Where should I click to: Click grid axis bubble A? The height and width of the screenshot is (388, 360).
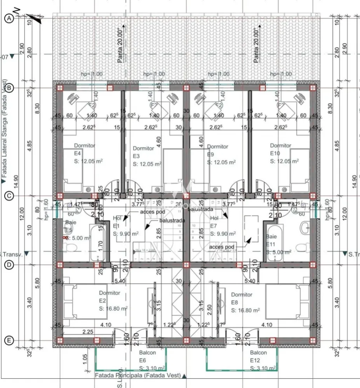[9, 18]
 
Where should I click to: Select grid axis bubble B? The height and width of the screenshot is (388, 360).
[9, 88]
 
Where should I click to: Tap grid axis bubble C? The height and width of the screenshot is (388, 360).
[9, 196]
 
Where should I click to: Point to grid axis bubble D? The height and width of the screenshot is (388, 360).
[9, 265]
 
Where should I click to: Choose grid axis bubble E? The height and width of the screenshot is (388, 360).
[9, 341]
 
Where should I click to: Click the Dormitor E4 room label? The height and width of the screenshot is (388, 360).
[84, 153]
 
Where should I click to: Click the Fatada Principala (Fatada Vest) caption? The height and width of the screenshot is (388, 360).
[138, 376]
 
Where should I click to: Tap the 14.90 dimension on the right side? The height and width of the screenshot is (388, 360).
[354, 183]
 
